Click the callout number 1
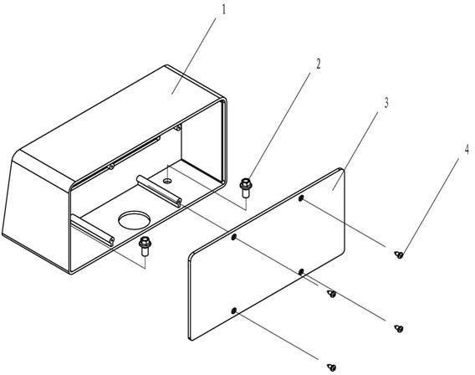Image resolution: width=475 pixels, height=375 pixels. [224, 10]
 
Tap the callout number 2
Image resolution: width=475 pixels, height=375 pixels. [318, 64]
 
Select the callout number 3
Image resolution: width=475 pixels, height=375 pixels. [386, 103]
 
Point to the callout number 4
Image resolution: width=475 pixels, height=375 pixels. [467, 150]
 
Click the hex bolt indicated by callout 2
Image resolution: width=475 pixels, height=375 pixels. [245, 187]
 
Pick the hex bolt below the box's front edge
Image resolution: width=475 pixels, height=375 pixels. [145, 246]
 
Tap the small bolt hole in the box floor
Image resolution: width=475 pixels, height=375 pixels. [167, 181]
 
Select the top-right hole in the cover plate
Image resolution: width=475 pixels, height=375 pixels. [301, 198]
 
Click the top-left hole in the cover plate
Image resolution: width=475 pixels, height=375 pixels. [233, 237]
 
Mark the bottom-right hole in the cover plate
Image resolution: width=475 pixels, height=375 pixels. [301, 272]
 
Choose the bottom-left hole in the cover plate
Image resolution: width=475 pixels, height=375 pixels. [233, 311]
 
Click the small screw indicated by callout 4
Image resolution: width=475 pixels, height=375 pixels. [399, 254]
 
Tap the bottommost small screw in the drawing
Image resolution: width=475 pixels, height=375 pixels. [332, 367]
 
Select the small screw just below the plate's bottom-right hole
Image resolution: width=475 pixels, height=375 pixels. [332, 294]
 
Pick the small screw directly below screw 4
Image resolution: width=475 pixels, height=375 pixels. [399, 328]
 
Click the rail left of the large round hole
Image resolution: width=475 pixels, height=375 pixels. [92, 230]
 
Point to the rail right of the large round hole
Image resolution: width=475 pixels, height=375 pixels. [159, 191]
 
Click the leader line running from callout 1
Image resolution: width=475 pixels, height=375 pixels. [194, 56]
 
